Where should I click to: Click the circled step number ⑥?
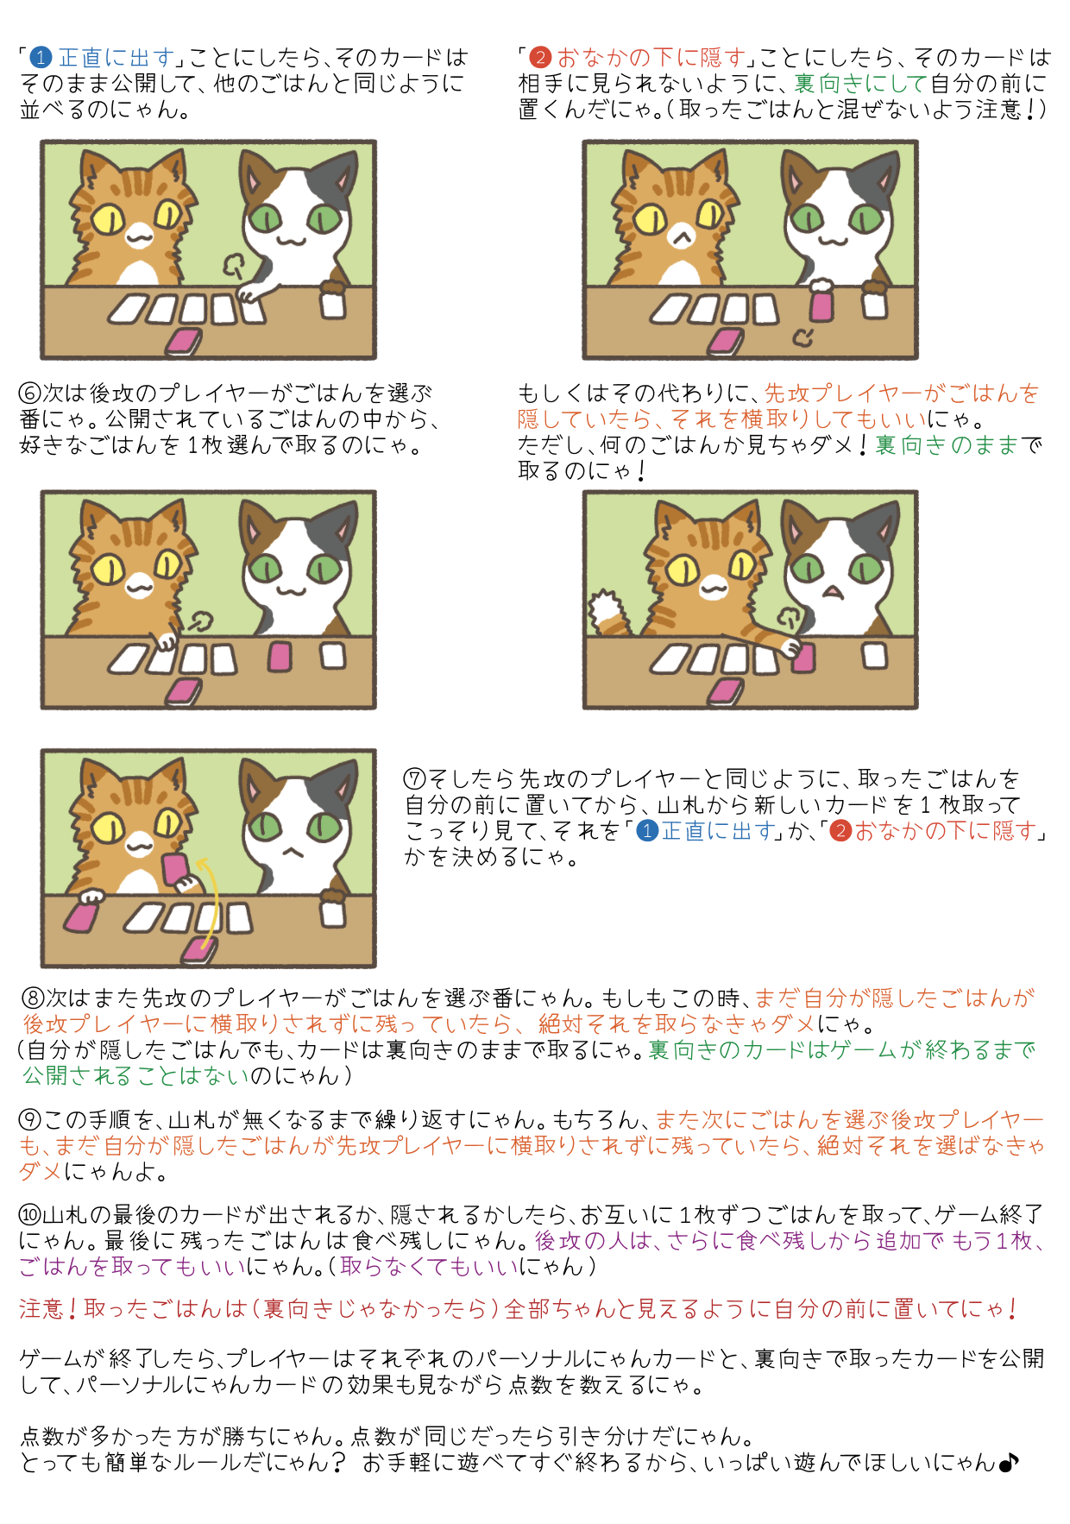pyautogui.click(x=30, y=394)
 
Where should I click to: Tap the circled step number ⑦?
pyautogui.click(x=415, y=779)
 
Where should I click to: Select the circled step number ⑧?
pyautogui.click(x=33, y=998)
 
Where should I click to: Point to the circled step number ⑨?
pyautogui.click(x=30, y=1120)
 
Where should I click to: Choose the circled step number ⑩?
pyautogui.click(x=30, y=1215)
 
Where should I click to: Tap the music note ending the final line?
pyautogui.click(x=1009, y=1463)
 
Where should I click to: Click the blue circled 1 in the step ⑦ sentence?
pyautogui.click(x=647, y=831)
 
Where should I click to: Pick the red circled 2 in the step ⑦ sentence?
pyautogui.click(x=840, y=831)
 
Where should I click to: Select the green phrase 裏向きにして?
pyautogui.click(x=860, y=84)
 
